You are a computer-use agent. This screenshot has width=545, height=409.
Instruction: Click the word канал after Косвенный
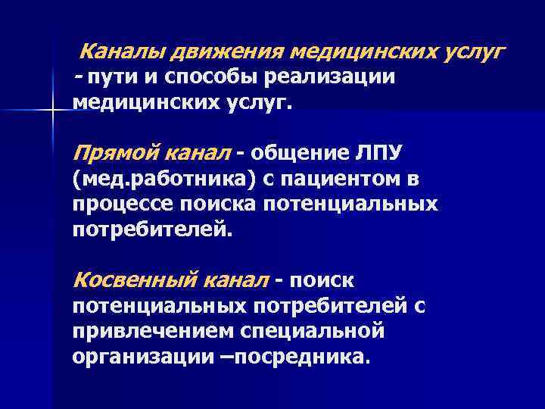[236, 280]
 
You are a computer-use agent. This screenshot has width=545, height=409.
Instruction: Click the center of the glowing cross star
[52, 111]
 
